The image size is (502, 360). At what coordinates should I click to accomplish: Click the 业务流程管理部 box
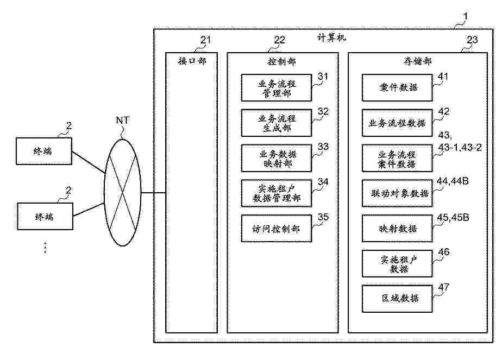[x=277, y=88]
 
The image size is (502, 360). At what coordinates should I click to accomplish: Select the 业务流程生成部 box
[x=277, y=123]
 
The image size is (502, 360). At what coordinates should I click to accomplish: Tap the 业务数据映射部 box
[x=277, y=157]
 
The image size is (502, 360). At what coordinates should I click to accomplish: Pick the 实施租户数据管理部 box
[x=277, y=193]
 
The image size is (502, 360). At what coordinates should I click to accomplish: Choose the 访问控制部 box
[x=277, y=229]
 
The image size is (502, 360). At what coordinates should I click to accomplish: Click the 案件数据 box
[x=398, y=87]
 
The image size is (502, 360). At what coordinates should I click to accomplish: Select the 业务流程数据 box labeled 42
[x=398, y=123]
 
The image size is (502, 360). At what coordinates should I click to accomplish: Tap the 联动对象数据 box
[x=398, y=194]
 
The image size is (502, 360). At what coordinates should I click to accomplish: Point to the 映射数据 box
[x=398, y=229]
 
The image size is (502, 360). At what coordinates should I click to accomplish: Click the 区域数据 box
[x=398, y=298]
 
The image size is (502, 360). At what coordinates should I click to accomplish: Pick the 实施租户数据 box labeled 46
[x=398, y=263]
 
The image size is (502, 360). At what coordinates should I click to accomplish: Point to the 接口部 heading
[x=192, y=61]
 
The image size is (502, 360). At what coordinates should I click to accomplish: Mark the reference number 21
[x=205, y=40]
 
